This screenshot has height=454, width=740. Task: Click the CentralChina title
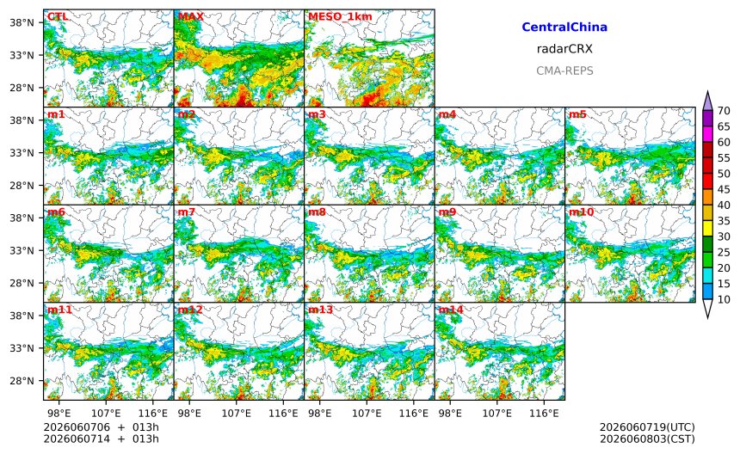coord(564,27)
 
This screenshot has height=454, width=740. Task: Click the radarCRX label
coord(564,48)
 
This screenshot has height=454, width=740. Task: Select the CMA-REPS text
coord(564,71)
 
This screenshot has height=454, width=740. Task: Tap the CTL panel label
coord(58,16)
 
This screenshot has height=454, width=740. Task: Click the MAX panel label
coord(191,16)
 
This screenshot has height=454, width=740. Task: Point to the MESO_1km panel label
coord(340,17)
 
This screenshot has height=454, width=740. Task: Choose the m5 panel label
coord(577,114)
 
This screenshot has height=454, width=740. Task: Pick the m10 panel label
coord(581,212)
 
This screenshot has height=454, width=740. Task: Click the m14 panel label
coord(451,310)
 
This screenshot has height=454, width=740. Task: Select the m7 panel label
coord(187,212)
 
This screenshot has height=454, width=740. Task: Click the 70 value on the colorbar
coord(724,111)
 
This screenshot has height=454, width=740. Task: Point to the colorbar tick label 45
coord(724,189)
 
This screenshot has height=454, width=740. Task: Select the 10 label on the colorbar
coord(724,299)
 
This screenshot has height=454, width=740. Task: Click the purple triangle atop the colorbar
coord(707,101)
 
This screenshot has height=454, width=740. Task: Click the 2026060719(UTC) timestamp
coord(647,427)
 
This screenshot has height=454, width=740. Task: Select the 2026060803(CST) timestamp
coord(647,439)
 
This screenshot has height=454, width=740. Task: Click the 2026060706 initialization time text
coord(77,427)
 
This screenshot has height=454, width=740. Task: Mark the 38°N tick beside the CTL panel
coord(22,22)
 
